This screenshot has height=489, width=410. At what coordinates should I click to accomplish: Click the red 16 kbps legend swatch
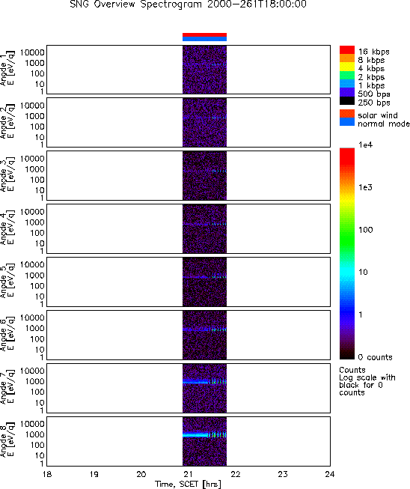tap(347, 50)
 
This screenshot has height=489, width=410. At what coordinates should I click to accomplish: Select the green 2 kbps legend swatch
tap(347, 76)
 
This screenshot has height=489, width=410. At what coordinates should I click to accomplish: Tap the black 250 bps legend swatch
tap(347, 101)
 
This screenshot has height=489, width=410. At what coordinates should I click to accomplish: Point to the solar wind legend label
tap(378, 115)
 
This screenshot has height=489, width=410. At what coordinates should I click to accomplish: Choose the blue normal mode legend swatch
tap(347, 122)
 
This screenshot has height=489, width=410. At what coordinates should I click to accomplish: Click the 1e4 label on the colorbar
tap(365, 145)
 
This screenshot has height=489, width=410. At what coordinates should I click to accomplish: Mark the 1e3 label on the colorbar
tap(365, 187)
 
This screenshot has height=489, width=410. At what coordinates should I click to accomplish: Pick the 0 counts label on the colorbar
tap(375, 357)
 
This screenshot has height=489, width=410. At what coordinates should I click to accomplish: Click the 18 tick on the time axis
tap(46, 474)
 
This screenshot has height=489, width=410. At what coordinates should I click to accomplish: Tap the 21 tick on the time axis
tap(189, 474)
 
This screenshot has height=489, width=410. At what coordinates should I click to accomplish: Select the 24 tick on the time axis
tap(330, 474)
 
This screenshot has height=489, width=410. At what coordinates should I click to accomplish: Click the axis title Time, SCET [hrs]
tap(189, 484)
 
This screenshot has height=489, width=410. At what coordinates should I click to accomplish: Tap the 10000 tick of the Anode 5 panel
tap(32, 264)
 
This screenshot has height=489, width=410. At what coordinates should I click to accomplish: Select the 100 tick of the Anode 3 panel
tap(37, 180)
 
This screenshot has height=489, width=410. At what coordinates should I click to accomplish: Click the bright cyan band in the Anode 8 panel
tap(195, 435)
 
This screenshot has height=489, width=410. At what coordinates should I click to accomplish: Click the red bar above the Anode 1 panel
tap(204, 35)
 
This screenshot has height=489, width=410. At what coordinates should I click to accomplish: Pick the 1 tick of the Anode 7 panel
tap(42, 410)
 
